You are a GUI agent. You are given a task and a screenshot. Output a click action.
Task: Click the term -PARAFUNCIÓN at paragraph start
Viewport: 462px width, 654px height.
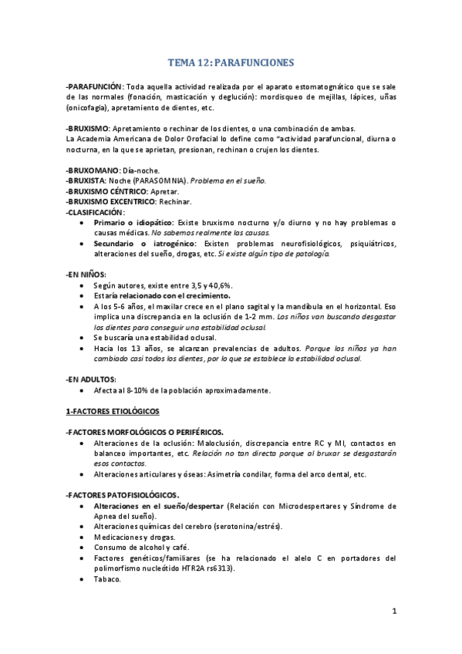point(94,87)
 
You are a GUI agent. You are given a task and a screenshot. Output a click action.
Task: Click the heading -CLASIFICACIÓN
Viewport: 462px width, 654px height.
point(96,212)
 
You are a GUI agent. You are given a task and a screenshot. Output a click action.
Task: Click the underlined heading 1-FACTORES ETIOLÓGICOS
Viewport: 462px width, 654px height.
point(113,411)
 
